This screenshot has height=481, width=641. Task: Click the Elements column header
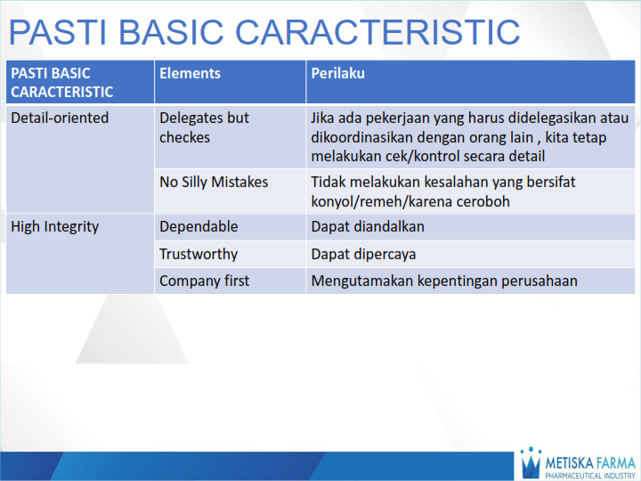pos(190,74)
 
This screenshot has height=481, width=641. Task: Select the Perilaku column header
pos(337,74)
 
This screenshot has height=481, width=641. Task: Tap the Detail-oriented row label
pos(60,118)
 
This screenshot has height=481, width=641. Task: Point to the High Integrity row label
pos(55,227)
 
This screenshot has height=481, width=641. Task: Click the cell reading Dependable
pos(199,226)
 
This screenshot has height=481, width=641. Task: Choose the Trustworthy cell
pos(199,254)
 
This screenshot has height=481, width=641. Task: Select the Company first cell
pos(204,281)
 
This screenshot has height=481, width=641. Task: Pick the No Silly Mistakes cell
pos(214,183)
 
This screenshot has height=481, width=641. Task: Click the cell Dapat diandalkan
pos(368,226)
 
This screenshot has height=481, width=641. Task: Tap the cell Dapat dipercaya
pos(363,255)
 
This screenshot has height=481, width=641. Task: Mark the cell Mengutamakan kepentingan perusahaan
pos(444,281)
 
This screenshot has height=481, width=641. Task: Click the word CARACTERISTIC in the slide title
pos(377,32)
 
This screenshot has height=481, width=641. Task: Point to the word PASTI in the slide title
pos(58,32)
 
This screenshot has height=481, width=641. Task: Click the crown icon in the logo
pos(531,462)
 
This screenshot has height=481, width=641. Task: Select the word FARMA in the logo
pos(616,463)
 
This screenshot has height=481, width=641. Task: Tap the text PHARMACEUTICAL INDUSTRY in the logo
pos(590,476)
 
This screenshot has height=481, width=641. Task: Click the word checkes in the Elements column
pos(184,138)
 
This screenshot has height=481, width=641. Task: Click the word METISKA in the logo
pos(570,463)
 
